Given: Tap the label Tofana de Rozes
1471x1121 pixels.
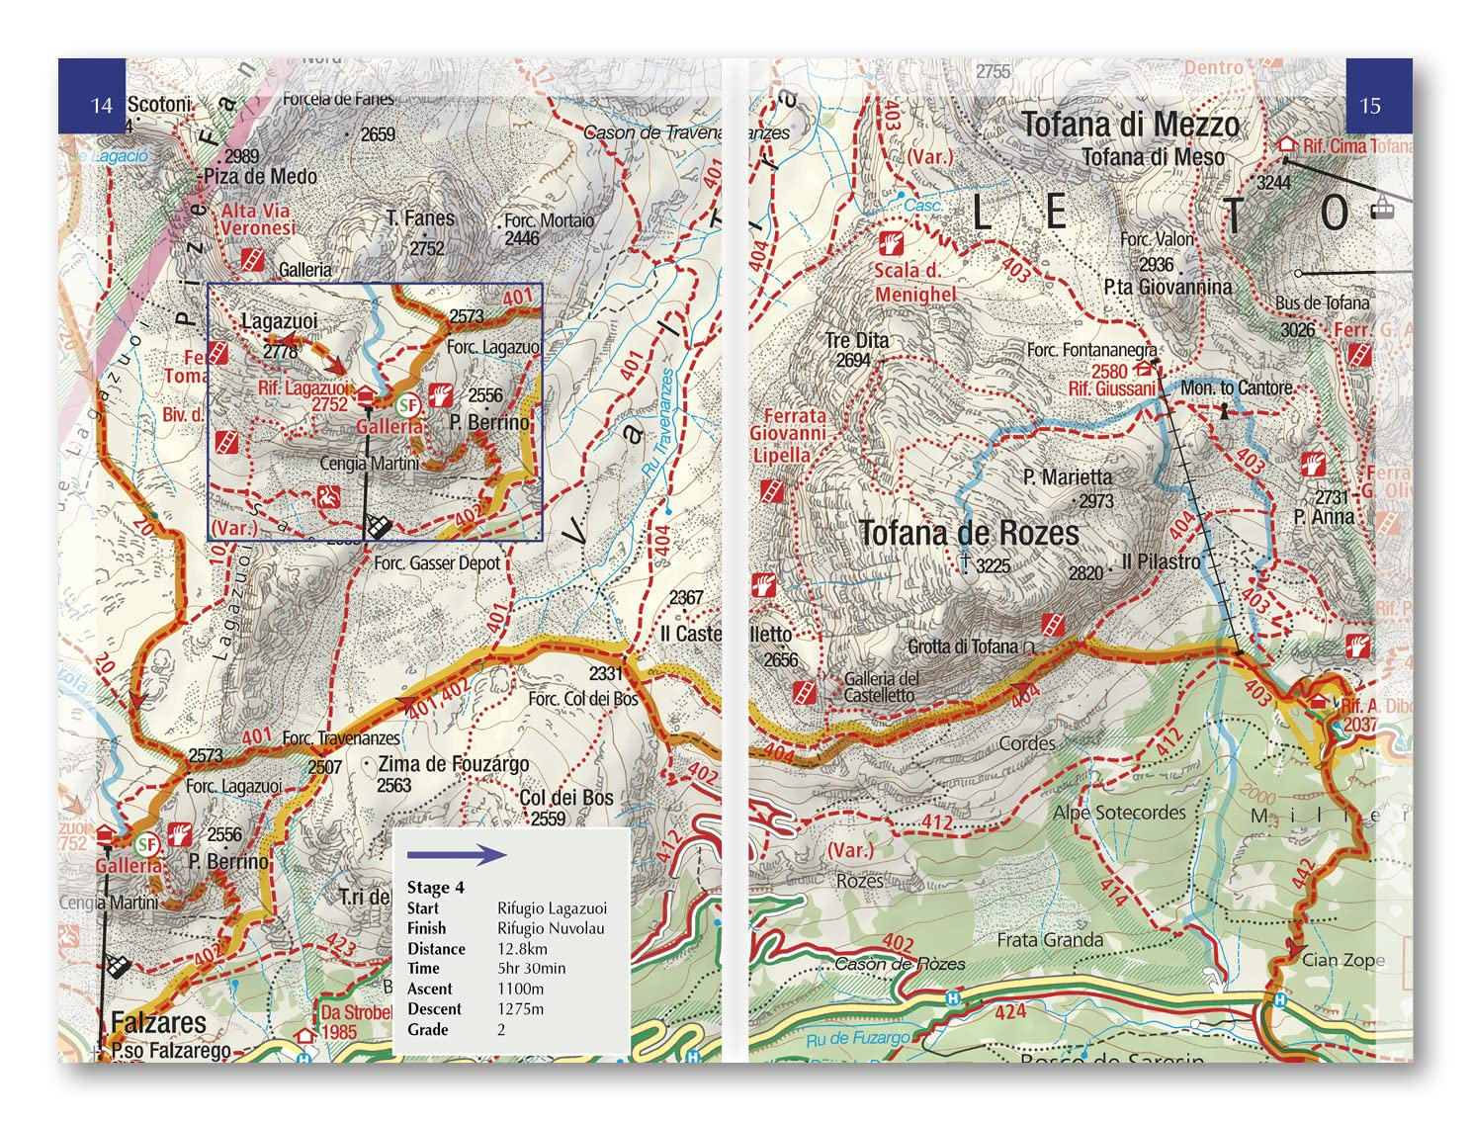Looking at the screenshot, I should point(968,533).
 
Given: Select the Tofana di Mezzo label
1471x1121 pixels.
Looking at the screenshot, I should point(1129,125).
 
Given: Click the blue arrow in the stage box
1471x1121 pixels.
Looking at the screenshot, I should point(456,855).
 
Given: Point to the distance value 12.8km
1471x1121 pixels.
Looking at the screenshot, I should point(522,949).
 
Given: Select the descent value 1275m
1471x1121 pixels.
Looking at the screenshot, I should point(520,1009).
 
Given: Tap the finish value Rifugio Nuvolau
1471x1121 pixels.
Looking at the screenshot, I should point(550,928).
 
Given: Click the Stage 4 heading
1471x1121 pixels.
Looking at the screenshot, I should point(435,888).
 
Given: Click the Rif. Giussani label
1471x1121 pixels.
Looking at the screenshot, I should point(1111,389).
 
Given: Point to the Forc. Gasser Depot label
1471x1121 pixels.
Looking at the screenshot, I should point(437,563).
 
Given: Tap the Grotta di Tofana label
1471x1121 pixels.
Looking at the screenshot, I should point(963,647).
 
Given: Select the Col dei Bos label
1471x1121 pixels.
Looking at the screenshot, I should point(565,798).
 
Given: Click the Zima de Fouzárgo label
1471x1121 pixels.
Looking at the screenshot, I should point(454,764).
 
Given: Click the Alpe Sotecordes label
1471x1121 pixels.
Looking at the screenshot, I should point(1119,813).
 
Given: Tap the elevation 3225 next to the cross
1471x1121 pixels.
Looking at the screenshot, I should point(993,565).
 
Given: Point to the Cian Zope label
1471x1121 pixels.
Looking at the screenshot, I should point(1342,960).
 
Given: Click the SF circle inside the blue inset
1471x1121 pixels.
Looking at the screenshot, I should point(407,405).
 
